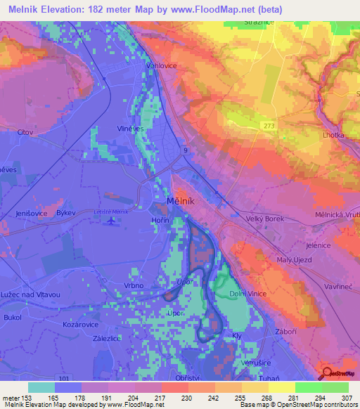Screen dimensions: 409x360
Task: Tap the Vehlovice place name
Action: tap(159, 65)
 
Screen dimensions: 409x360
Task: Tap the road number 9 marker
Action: tap(185, 150)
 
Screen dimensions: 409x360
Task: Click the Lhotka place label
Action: tap(333, 134)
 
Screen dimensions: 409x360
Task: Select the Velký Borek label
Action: tap(263, 219)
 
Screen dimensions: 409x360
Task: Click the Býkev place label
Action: tap(65, 212)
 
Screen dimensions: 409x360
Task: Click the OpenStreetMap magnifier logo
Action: tap(325, 374)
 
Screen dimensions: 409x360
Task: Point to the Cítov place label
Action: tap(26, 131)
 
